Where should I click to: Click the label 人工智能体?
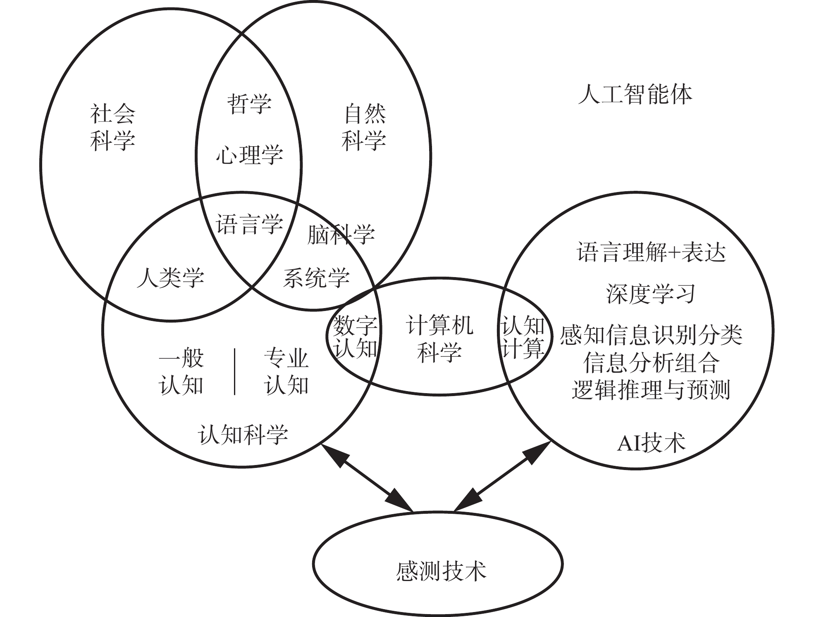pos(635,95)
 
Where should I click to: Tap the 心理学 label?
pos(249,155)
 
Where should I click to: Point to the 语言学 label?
pos(249,225)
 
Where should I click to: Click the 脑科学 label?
pos(341,235)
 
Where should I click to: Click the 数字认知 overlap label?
pos(355,337)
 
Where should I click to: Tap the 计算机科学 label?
pos(439,339)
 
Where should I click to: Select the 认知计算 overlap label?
pos(523,337)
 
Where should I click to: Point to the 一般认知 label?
pos(181,372)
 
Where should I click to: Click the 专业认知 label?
pos(286,372)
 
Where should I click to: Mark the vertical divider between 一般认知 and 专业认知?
pos(235,372)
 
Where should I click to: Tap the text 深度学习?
pos(651,294)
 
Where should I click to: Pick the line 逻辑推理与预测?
pos(651,389)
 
